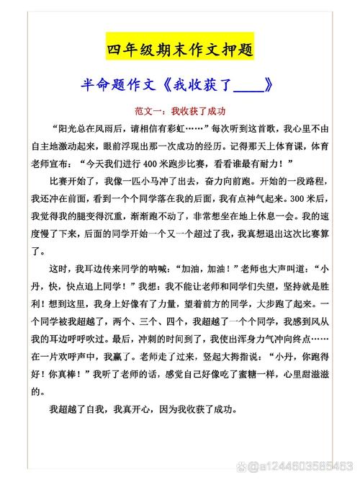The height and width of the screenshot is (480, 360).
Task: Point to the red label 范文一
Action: [x=148, y=111]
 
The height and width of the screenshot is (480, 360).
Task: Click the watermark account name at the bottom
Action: [x=295, y=466]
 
